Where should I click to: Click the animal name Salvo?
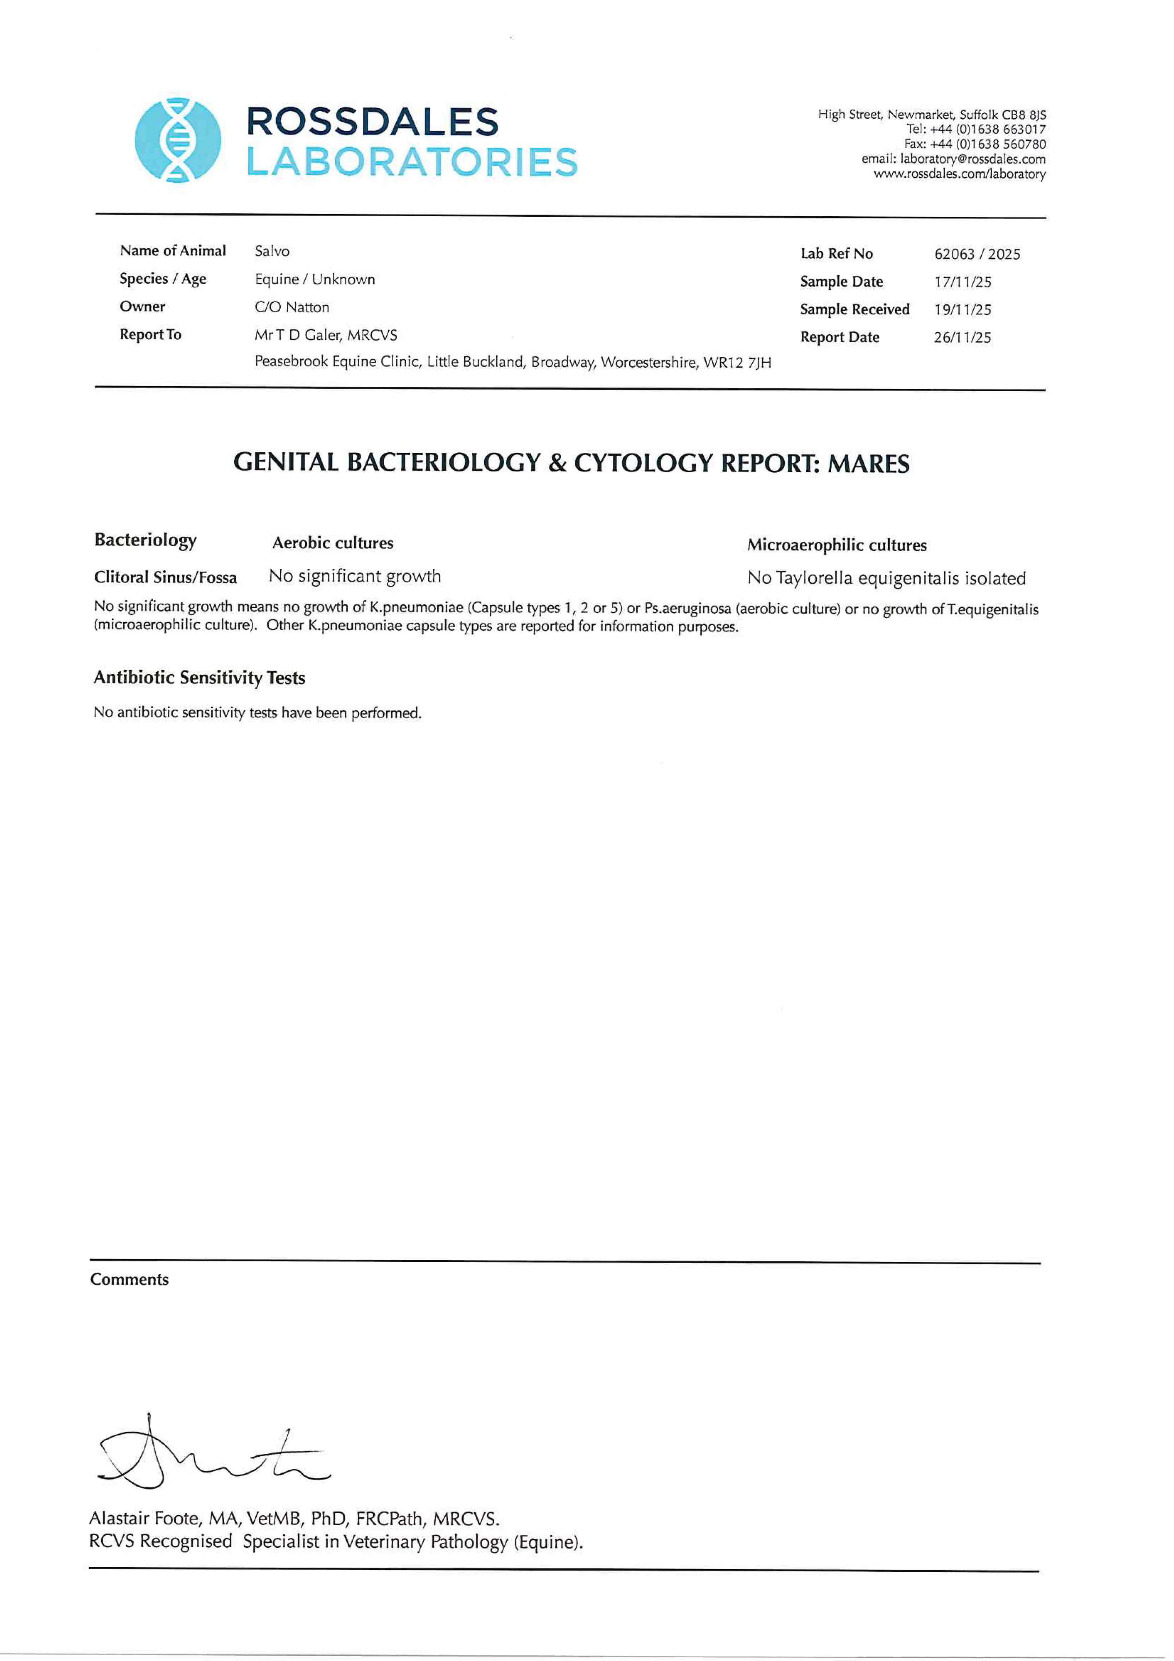click(x=272, y=251)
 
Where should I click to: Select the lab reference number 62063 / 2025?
click(x=976, y=254)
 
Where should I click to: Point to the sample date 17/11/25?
click(x=962, y=282)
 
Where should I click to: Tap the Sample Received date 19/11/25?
click(x=962, y=310)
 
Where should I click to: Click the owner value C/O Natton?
click(x=292, y=308)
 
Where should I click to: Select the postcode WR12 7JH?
click(x=737, y=362)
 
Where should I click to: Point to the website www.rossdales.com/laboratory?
click(x=959, y=174)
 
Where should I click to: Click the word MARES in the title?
click(x=868, y=464)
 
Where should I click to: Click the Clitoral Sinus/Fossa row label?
click(x=166, y=577)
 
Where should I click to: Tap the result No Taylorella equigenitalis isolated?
click(x=886, y=578)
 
